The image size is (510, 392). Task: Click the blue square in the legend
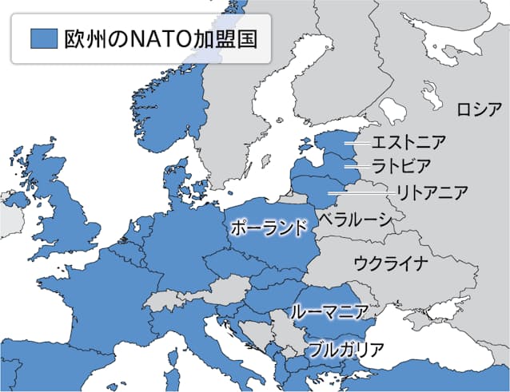pos(41,38)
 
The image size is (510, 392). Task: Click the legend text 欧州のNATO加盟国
pos(160,38)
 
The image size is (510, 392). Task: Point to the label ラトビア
pos(402,166)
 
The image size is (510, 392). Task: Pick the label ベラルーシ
pos(355,219)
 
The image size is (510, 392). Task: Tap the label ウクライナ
pos(391,263)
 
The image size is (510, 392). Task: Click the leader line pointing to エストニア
pos(357,143)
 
